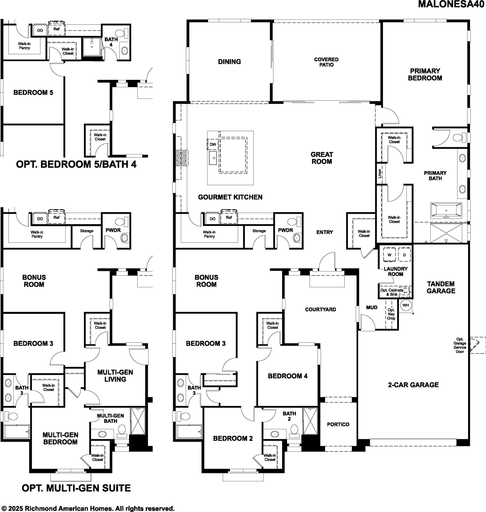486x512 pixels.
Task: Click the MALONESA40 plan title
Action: coord(451,4)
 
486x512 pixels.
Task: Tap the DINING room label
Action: coord(229,62)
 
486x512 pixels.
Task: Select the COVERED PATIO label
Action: coord(326,62)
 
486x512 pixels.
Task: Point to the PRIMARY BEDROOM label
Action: coord(425,74)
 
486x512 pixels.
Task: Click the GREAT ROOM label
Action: coord(322,158)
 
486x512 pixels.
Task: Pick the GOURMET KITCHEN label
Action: coord(230,197)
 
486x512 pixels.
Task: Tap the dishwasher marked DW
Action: coord(213,144)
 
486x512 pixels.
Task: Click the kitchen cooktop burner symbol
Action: coord(182,158)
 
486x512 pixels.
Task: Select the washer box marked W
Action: coord(389,254)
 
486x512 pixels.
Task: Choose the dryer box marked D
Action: coord(404,254)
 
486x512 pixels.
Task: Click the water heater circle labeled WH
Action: coord(406,305)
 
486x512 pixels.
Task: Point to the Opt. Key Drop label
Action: coord(391,314)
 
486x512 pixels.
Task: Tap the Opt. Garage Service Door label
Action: coord(460,345)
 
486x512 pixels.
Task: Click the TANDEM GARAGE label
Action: coord(441,287)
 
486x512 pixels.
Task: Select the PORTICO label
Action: coord(338,424)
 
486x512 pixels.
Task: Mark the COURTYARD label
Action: coord(320,310)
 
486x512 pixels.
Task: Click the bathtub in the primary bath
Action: coord(446,210)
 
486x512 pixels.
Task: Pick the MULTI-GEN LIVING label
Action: coord(115,376)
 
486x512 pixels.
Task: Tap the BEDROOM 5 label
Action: coord(33,92)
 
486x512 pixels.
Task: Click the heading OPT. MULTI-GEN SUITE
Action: coord(76,488)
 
